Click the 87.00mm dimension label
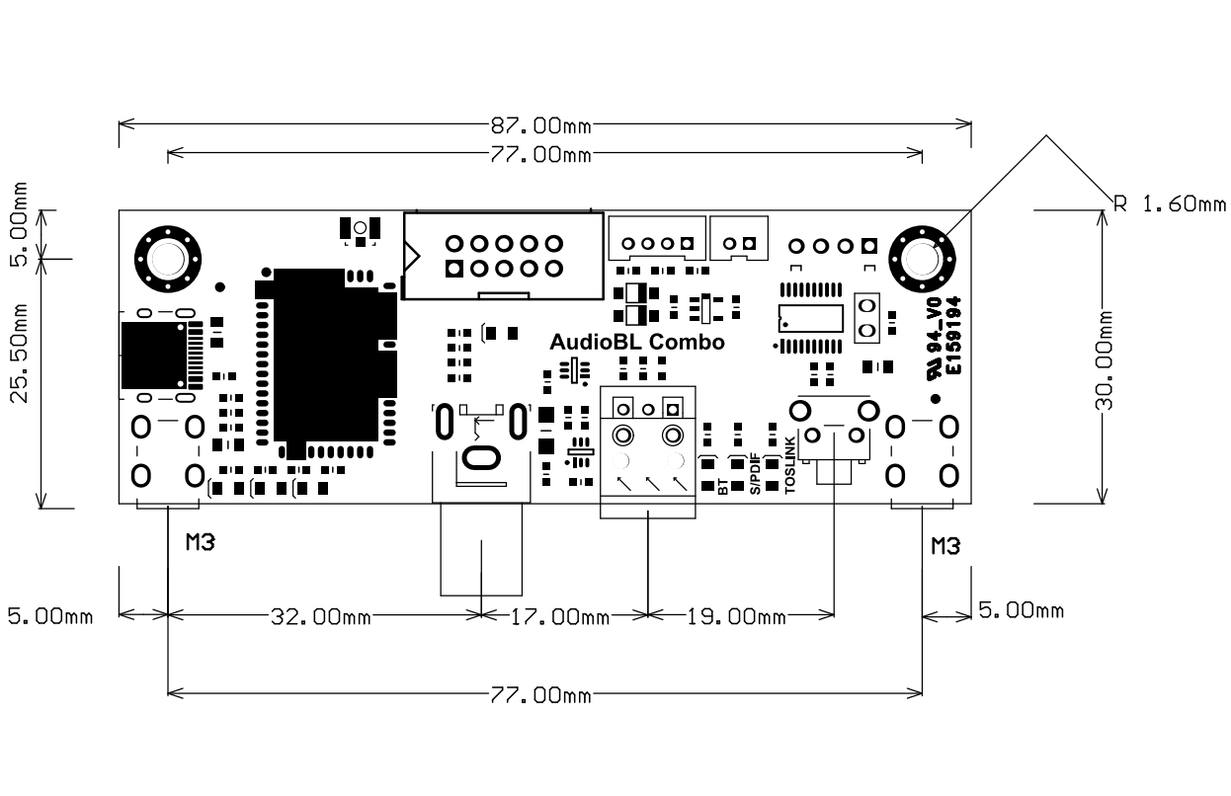tap(539, 125)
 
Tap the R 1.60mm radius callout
tap(1169, 204)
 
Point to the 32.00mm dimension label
tap(321, 617)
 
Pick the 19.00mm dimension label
tap(736, 617)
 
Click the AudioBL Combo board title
tap(637, 343)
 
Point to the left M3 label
tap(201, 542)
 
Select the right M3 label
tap(945, 545)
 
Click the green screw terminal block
tap(648, 449)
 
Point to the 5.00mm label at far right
tap(1022, 610)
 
